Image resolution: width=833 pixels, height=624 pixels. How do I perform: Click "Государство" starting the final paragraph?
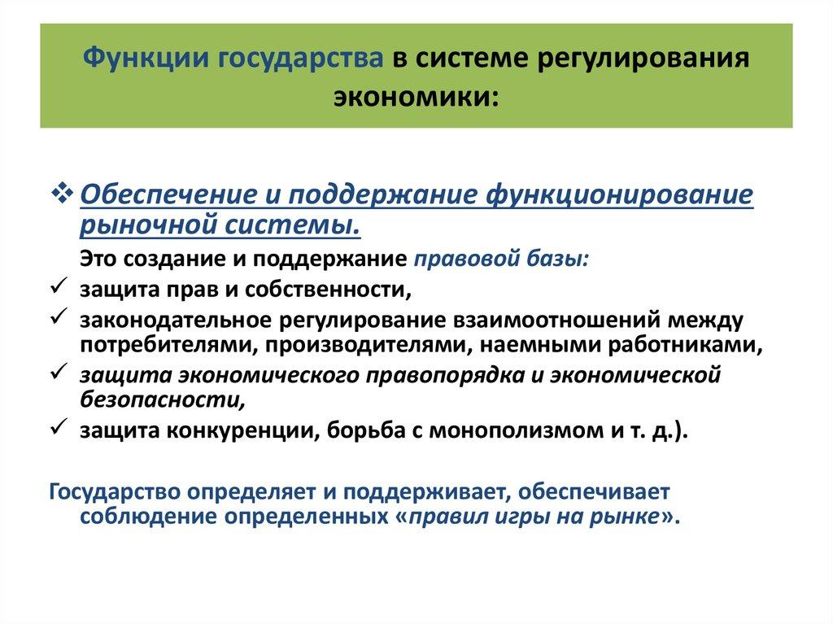pyautogui.click(x=117, y=493)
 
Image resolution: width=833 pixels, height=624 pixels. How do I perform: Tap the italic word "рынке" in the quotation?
pyautogui.click(x=626, y=517)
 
